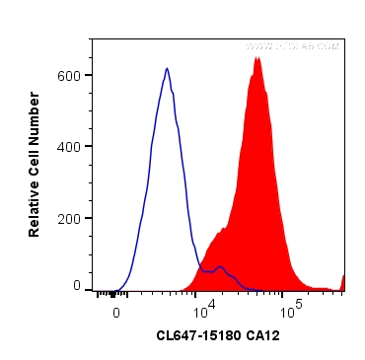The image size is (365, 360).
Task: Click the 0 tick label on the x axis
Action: pos(116,311)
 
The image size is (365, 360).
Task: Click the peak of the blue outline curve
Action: pos(167,69)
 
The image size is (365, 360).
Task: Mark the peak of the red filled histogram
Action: pos(256,58)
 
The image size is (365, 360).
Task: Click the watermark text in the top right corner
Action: pos(293,46)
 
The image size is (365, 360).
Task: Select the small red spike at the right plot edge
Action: pos(343,282)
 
